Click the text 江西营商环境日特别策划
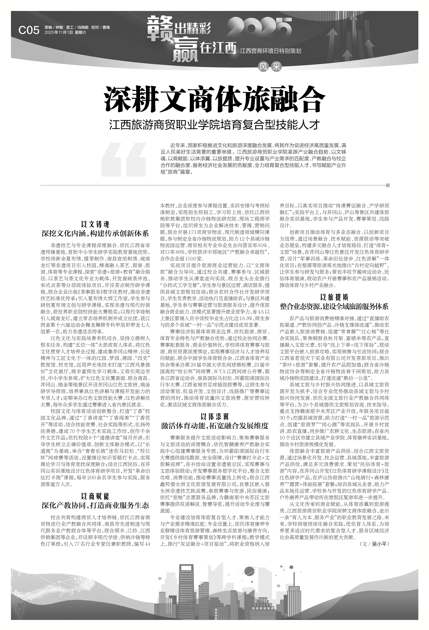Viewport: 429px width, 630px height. coord(270,51)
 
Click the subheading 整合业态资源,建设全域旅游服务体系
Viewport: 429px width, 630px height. coord(334,307)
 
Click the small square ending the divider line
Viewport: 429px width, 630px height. coord(388,185)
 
